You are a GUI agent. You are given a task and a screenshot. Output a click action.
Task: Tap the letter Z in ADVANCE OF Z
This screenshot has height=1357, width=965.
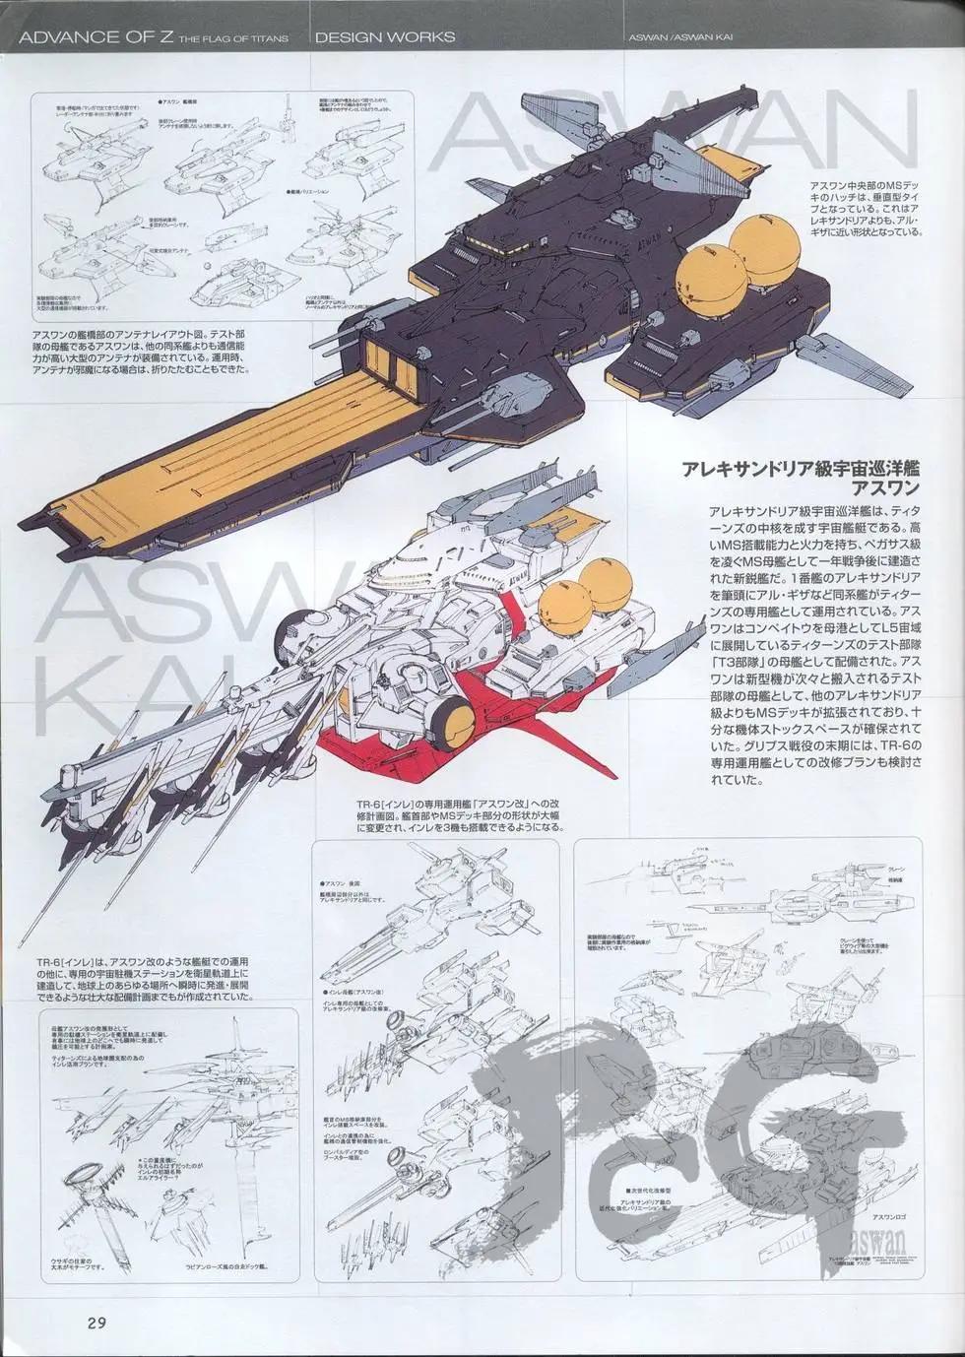pos(173,36)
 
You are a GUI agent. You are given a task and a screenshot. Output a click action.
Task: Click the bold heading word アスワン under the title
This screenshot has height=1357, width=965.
pos(885,488)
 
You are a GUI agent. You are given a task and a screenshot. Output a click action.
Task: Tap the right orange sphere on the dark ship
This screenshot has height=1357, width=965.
pos(761,245)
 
